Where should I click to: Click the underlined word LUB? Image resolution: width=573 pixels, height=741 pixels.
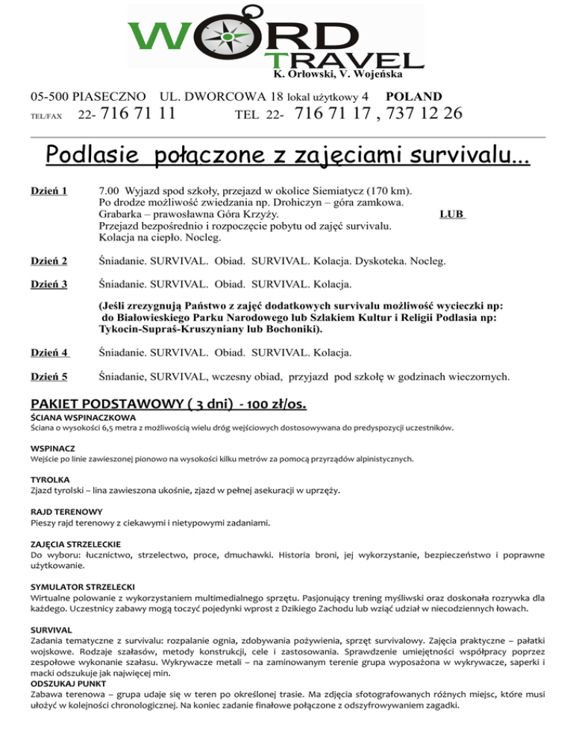point(452,215)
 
